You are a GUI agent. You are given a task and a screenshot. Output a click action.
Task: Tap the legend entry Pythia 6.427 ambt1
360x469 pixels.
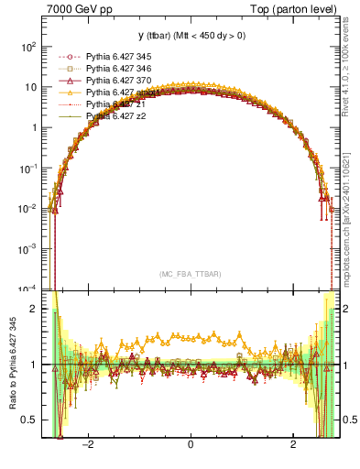[x=121, y=93]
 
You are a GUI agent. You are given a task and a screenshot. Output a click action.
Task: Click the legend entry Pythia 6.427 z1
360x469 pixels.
[x=115, y=105]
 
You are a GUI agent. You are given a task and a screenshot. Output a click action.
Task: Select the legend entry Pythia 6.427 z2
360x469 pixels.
[x=115, y=117]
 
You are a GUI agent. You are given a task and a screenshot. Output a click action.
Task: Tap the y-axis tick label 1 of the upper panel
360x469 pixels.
[x=34, y=127]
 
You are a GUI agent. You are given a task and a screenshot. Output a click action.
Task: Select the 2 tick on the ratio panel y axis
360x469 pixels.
[x=34, y=309]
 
